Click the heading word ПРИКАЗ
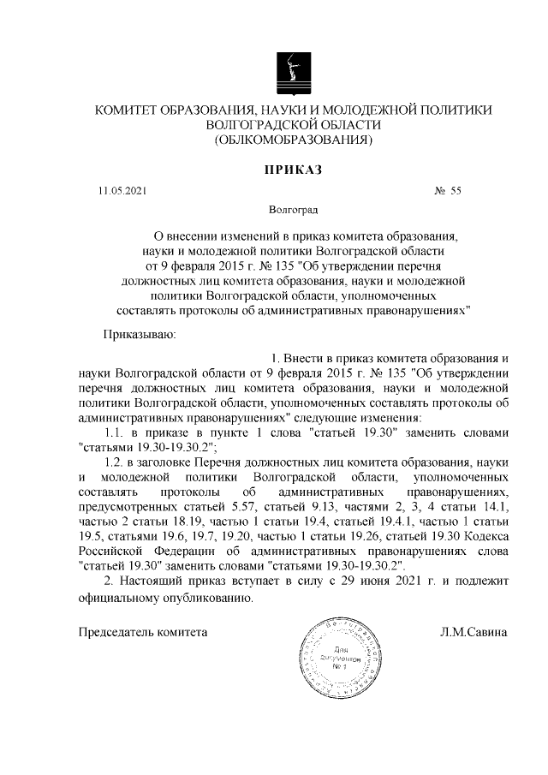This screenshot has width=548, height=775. coord(293,170)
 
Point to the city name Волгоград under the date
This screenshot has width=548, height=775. coord(293,208)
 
